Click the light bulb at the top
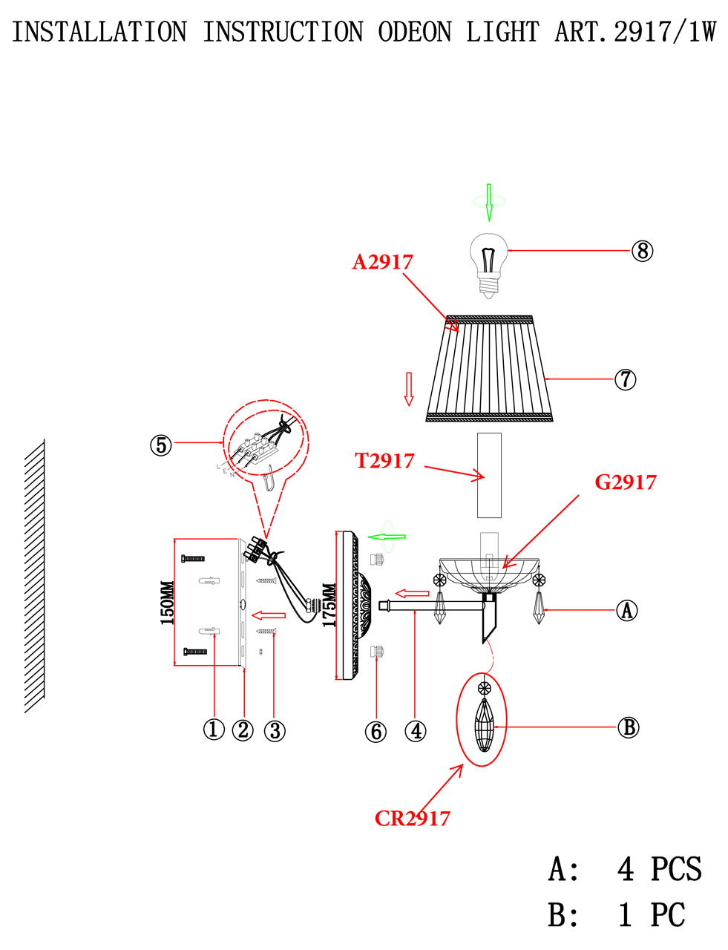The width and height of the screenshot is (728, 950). (488, 266)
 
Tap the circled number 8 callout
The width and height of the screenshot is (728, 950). (642, 251)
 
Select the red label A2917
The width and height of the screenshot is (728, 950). (382, 262)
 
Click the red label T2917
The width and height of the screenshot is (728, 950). (384, 461)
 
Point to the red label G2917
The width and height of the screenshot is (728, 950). (626, 482)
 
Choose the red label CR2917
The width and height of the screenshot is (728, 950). (412, 819)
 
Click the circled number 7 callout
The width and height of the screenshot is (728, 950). (625, 379)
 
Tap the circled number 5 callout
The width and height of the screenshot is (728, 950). (161, 445)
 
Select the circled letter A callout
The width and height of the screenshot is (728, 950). (626, 610)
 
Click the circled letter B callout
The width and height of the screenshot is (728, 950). (628, 727)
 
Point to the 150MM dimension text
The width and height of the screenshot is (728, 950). (168, 603)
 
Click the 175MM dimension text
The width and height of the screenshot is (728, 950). (329, 606)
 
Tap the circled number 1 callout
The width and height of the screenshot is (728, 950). (214, 730)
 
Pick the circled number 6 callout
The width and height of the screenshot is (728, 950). (376, 732)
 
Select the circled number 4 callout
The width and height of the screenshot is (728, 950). (415, 731)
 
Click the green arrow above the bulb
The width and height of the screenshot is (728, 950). (489, 203)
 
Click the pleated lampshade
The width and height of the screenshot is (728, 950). (489, 368)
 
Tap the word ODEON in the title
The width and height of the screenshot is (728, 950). (415, 32)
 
